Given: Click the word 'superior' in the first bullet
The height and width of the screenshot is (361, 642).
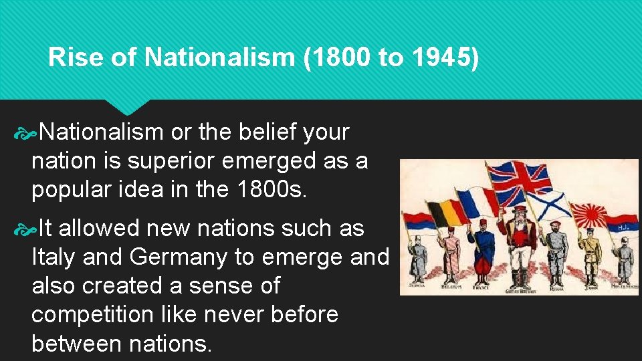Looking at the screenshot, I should pyautogui.click(x=160, y=161).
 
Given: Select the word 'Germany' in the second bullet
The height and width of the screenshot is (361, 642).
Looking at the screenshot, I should pyautogui.click(x=187, y=257).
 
